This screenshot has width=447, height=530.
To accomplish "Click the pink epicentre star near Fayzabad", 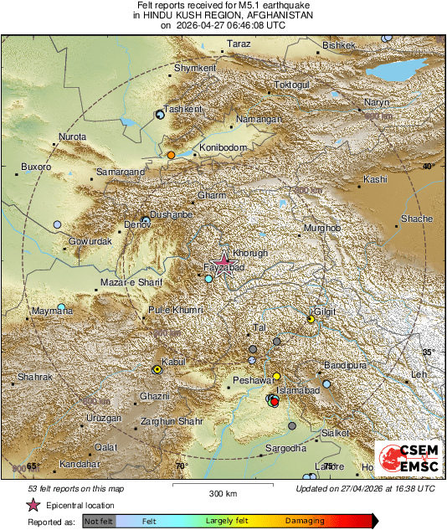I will click(x=223, y=260).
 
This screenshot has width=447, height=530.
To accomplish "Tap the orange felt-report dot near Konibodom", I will click(x=171, y=155).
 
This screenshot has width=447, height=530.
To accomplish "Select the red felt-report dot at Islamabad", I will click(x=275, y=403).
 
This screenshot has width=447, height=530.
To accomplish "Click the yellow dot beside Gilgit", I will click(x=311, y=319).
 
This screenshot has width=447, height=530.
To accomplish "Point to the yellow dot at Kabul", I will click(x=157, y=369).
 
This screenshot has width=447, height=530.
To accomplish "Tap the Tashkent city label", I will click(x=183, y=110).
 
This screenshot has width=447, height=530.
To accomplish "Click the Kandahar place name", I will click(x=79, y=463).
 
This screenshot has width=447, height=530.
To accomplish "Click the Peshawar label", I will click(x=249, y=380).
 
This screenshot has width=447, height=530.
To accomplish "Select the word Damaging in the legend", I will click(x=305, y=521).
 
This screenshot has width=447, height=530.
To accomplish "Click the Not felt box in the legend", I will click(x=99, y=521).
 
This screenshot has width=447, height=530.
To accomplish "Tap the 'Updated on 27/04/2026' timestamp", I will click(x=365, y=488).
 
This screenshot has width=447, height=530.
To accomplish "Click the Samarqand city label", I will click(x=121, y=172).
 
